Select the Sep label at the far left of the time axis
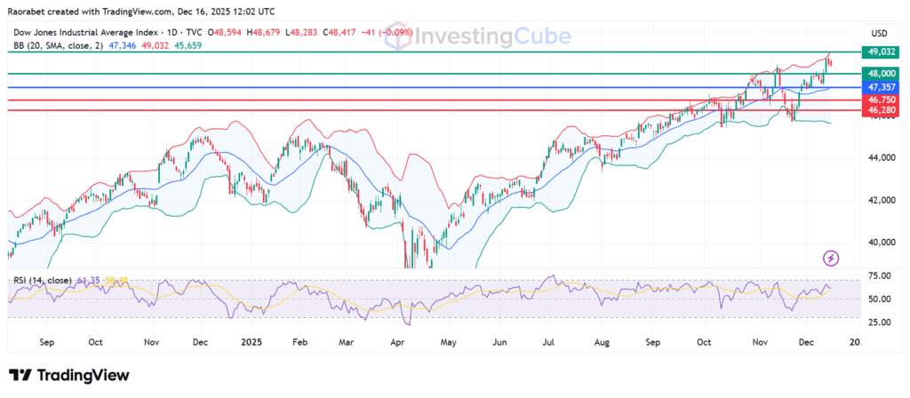point(47,341)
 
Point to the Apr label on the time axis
point(398,341)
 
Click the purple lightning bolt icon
point(831,258)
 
